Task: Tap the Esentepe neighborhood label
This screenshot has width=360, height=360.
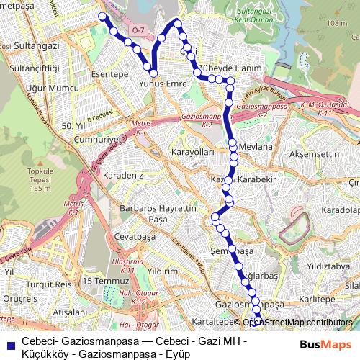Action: click(109, 73)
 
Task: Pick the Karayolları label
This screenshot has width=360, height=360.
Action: click(191, 153)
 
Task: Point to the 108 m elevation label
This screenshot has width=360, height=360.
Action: click(335, 24)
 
